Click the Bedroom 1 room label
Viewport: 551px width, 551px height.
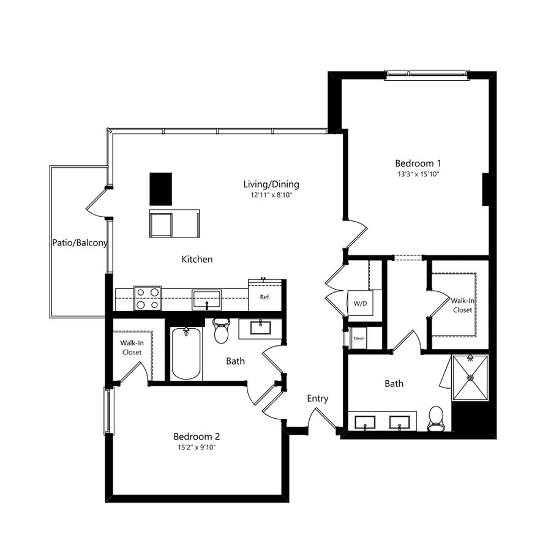tap(418, 163)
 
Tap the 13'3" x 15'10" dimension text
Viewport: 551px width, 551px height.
tap(418, 174)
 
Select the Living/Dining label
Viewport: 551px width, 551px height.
tap(271, 184)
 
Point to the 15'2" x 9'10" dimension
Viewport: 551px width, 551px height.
tap(197, 448)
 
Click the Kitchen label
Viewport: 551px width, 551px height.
tap(197, 260)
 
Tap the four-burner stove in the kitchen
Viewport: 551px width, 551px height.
tap(148, 298)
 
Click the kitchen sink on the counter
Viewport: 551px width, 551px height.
tap(207, 300)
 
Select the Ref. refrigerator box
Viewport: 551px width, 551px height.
tap(265, 296)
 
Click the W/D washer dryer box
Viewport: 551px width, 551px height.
tap(360, 303)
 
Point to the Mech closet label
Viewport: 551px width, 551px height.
tap(359, 339)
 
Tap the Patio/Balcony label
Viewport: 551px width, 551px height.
tap(80, 243)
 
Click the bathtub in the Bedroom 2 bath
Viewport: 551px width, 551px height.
tap(186, 353)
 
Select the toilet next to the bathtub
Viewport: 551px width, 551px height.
tap(222, 331)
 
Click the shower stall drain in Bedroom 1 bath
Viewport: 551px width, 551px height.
tap(471, 377)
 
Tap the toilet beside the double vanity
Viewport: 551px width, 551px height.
tap(436, 419)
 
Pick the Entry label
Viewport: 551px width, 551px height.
tap(318, 399)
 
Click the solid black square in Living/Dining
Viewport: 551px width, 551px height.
tap(161, 189)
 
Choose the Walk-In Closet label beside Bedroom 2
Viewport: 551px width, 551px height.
tap(132, 348)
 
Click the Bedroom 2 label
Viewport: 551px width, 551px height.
tap(197, 437)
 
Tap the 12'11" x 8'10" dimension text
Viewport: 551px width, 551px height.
tap(271, 195)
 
